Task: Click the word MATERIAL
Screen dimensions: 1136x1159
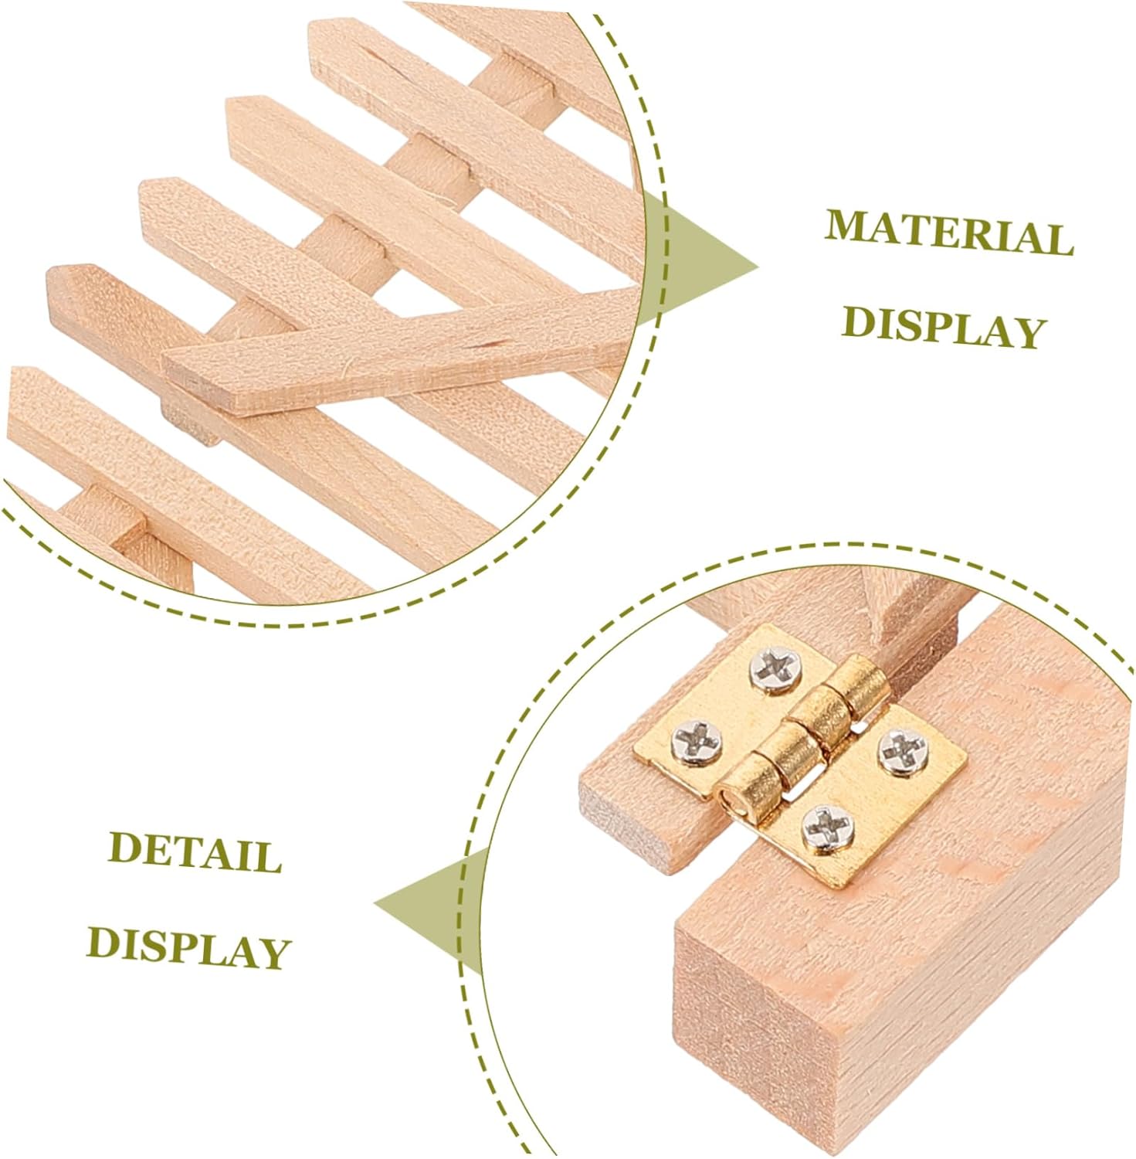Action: pos(949,231)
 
